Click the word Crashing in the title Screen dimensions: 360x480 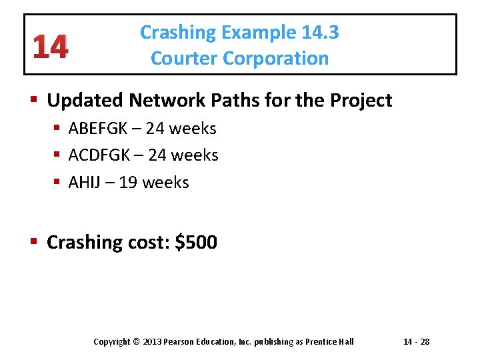click(179, 33)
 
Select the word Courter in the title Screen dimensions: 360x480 click(184, 59)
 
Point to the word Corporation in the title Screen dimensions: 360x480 click(275, 59)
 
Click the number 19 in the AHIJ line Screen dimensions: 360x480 click(130, 183)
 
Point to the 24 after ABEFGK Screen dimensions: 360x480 click(158, 128)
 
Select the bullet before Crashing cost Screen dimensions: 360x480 click(36, 242)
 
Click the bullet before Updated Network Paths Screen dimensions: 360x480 click(36, 101)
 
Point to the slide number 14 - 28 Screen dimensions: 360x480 click(416, 342)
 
